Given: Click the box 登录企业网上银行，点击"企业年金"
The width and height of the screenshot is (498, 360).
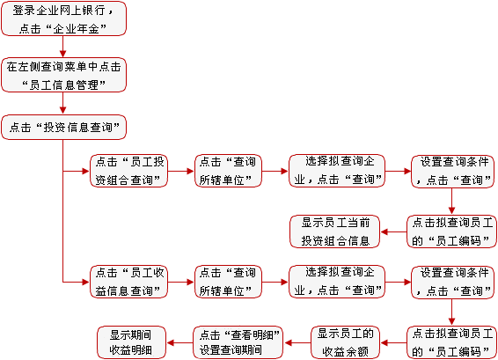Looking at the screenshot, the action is point(63,18).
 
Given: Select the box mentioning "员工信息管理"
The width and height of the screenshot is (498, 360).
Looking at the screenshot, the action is point(63,75).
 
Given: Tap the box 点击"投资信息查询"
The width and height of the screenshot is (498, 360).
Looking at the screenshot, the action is point(63,127).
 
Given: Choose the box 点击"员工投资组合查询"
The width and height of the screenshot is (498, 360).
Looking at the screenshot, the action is point(128,171).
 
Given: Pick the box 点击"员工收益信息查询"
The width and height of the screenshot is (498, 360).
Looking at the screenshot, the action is point(128,282).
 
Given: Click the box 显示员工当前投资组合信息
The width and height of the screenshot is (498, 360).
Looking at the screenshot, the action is point(334,231).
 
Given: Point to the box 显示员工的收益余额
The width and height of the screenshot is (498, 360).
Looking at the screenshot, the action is point(345,342).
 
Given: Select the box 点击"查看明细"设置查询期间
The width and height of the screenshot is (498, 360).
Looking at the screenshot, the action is point(238,342).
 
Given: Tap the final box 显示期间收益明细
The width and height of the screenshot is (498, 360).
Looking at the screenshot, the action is point(131,342).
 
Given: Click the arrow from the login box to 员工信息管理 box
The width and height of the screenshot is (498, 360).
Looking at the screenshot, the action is point(62,47).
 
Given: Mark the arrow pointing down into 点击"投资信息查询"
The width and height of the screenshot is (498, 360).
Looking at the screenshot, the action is point(62,103).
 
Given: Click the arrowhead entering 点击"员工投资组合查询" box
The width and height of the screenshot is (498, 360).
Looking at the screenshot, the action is point(85,172).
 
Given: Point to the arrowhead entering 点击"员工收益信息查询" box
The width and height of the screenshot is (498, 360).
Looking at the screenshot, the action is point(85,282).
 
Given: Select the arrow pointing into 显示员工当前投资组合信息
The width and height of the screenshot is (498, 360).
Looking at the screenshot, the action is point(393,231).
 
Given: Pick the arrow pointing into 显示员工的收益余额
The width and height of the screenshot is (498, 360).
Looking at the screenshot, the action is point(393,343).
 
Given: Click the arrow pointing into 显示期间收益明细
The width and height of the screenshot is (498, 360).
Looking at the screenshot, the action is point(179,343).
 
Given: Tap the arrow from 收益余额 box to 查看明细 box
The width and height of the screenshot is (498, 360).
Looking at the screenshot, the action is point(297,343).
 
